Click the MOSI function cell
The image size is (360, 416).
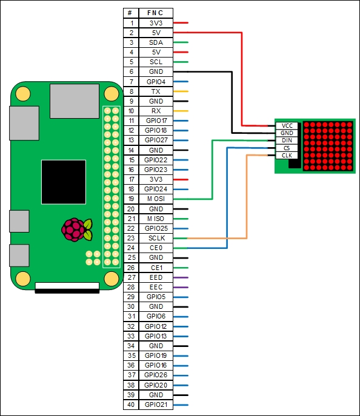pyautogui.click(x=156, y=199)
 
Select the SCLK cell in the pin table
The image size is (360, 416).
pyautogui.click(x=156, y=238)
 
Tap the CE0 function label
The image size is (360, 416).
pyautogui.click(x=156, y=248)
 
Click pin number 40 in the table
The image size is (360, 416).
pyautogui.click(x=131, y=404)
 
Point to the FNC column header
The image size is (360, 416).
pyautogui.click(x=156, y=13)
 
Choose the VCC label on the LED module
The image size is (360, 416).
pyautogui.click(x=287, y=126)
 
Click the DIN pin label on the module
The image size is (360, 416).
pyautogui.click(x=287, y=140)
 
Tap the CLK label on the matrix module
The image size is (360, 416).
pyautogui.click(x=287, y=155)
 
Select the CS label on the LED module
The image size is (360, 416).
pyautogui.click(x=287, y=148)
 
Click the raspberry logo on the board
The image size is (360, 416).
pyautogui.click(x=77, y=229)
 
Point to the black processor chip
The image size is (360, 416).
pyautogui.click(x=64, y=182)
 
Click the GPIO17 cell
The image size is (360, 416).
pyautogui.click(x=156, y=121)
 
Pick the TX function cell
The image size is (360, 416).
pyautogui.click(x=156, y=91)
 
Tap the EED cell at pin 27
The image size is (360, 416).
pyautogui.click(x=156, y=277)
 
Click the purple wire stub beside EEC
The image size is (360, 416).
pyautogui.click(x=181, y=288)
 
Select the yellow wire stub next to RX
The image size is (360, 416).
pyautogui.click(x=181, y=111)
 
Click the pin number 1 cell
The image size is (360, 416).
pyautogui.click(x=131, y=23)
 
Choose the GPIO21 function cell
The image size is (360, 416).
pyautogui.click(x=156, y=404)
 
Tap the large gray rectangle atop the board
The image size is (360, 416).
pyautogui.click(x=75, y=101)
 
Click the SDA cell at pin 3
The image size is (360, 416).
pyautogui.click(x=156, y=42)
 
